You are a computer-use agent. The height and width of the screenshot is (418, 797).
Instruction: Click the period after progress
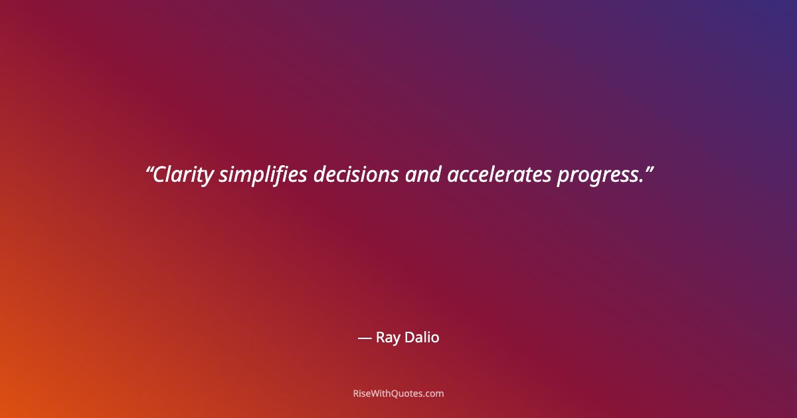pos(642,181)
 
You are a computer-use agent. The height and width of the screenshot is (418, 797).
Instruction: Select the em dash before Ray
pos(365,338)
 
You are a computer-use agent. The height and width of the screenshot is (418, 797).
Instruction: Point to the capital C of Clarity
pos(160,175)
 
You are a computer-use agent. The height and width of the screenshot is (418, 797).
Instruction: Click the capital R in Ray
pos(381,338)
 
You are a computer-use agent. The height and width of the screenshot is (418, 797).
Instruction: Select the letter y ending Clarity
pos(210,178)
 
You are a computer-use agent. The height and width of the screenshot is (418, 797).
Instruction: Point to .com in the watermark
pos(434,393)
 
